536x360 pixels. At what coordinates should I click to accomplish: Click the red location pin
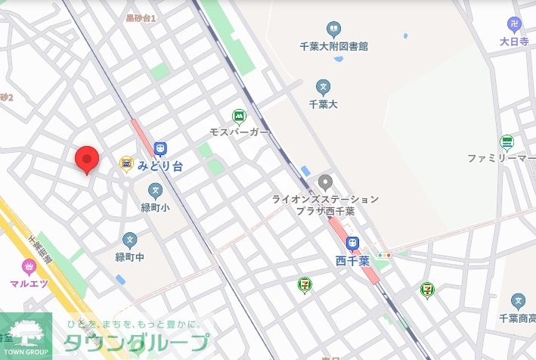pyautogui.click(x=88, y=159)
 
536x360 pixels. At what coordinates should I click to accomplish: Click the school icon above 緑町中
pyautogui.click(x=130, y=240)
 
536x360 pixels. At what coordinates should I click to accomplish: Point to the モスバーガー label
pyautogui.click(x=240, y=132)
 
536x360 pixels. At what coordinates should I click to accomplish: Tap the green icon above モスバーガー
pyautogui.click(x=240, y=116)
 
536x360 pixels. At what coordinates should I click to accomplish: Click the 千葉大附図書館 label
pyautogui.click(x=333, y=46)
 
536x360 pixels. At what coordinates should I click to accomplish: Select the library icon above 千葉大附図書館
pyautogui.click(x=333, y=30)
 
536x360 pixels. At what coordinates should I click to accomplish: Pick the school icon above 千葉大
pyautogui.click(x=324, y=87)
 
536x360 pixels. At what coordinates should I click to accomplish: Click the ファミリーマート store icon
pyautogui.click(x=507, y=142)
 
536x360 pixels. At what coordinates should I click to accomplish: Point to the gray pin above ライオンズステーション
pyautogui.click(x=325, y=182)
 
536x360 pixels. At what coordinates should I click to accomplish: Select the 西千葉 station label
pyautogui.click(x=352, y=261)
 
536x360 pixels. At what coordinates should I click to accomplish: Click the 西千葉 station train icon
pyautogui.click(x=352, y=244)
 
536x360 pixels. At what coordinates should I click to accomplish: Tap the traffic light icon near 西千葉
pyautogui.click(x=385, y=256)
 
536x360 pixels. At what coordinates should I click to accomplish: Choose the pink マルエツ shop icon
pyautogui.click(x=29, y=266)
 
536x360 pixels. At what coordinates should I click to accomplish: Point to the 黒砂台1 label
pyautogui.click(x=141, y=17)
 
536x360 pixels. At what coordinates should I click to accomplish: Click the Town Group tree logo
pyautogui.click(x=26, y=334)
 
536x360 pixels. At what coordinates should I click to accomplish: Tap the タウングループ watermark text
pyautogui.click(x=135, y=343)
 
